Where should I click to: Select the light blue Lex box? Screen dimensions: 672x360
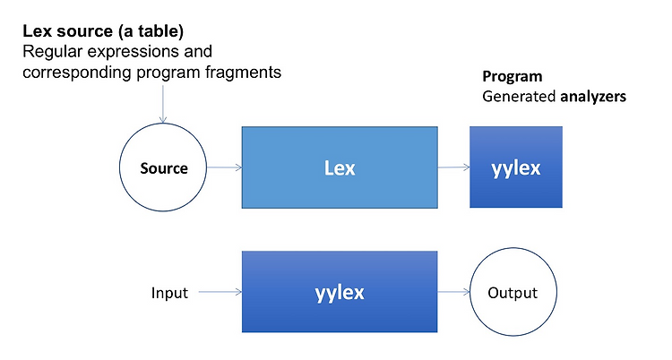(340, 167)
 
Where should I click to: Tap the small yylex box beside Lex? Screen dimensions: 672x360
(516, 167)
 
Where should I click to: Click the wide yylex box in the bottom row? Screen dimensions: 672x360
(340, 292)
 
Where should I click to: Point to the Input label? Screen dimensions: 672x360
(169, 293)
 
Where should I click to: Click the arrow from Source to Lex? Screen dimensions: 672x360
(224, 167)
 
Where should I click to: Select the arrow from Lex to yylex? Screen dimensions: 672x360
(453, 167)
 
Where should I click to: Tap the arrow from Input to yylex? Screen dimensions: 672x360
(220, 292)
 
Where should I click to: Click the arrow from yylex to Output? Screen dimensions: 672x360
(453, 292)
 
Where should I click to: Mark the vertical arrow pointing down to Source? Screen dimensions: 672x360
(163, 104)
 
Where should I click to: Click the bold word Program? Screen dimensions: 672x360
(513, 76)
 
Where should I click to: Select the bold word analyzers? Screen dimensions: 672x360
(593, 97)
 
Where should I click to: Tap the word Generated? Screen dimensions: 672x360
(519, 97)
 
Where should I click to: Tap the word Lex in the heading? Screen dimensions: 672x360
(38, 31)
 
